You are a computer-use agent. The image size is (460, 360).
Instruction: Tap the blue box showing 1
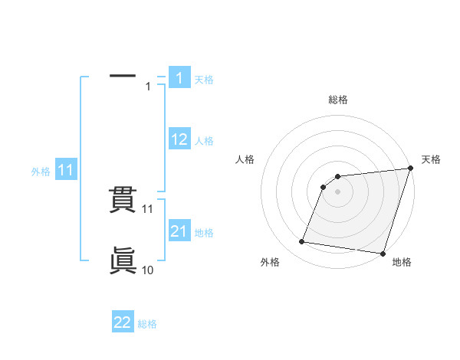[179, 78]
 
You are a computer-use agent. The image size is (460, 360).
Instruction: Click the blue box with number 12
[179, 139]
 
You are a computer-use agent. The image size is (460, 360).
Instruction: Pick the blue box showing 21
[179, 231]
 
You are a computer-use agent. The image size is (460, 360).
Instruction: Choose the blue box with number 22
[123, 322]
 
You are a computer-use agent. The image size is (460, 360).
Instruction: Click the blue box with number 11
[66, 171]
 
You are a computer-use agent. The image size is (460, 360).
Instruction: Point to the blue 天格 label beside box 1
[204, 79]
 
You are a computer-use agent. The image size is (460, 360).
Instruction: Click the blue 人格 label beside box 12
[204, 141]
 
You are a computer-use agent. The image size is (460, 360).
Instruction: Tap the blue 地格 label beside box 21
[204, 232]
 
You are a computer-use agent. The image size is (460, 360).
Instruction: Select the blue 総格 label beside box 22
[147, 323]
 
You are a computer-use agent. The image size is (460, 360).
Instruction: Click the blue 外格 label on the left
[41, 172]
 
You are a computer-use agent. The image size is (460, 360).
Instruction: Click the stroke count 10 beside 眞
[148, 270]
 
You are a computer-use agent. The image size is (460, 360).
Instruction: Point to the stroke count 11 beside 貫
[148, 208]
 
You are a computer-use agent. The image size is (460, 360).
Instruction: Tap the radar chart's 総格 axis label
[338, 100]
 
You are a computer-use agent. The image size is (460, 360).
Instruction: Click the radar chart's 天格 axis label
[431, 159]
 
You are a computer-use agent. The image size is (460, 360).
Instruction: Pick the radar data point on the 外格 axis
[302, 242]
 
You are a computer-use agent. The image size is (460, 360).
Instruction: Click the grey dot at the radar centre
[337, 191]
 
